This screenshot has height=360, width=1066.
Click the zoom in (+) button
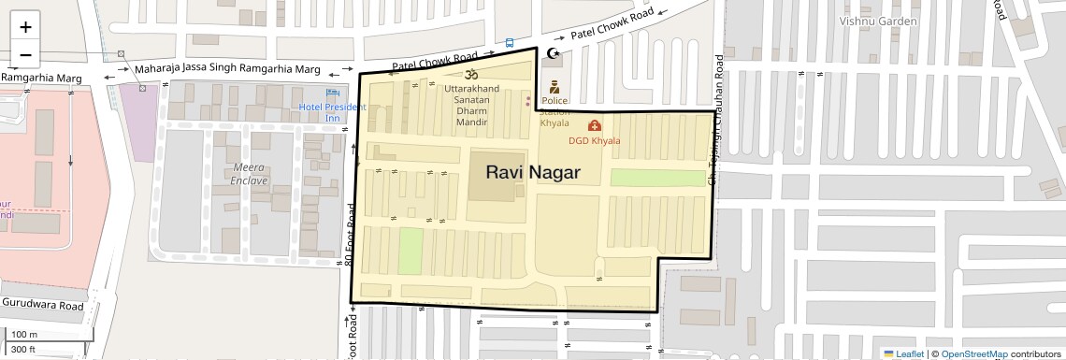pyautogui.click(x=25, y=27)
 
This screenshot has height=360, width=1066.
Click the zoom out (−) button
pyautogui.click(x=25, y=53)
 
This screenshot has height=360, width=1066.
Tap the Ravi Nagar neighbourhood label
pyautogui.click(x=532, y=172)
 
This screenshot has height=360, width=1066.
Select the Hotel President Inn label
pyautogui.click(x=332, y=112)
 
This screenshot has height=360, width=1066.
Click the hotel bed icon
pyautogui.click(x=332, y=94)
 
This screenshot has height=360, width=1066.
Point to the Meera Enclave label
pyautogui.click(x=249, y=173)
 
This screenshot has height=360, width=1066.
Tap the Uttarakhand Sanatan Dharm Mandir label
pyautogui.click(x=472, y=105)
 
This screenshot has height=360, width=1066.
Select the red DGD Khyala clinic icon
pyautogui.click(x=594, y=125)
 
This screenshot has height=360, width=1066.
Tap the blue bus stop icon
pyautogui.click(x=509, y=42)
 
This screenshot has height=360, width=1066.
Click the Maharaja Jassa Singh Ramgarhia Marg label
pyautogui.click(x=226, y=70)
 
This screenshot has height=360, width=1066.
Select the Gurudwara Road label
pyautogui.click(x=43, y=305)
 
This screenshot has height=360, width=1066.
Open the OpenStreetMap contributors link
pyautogui.click(x=973, y=353)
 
